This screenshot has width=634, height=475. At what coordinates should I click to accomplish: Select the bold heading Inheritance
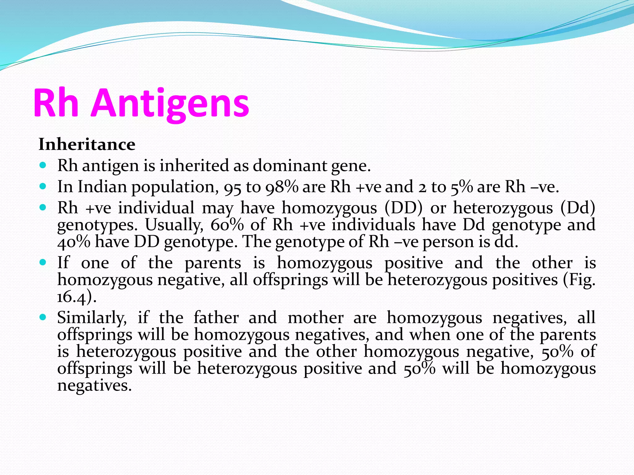click(x=87, y=144)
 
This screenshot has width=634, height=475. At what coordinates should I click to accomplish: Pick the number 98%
click(x=282, y=187)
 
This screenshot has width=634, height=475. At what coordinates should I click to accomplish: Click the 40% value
click(x=74, y=242)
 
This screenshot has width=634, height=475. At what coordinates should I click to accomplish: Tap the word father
click(x=216, y=318)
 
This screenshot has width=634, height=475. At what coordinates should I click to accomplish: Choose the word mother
click(x=316, y=318)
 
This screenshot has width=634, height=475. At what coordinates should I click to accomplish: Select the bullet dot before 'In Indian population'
click(x=43, y=186)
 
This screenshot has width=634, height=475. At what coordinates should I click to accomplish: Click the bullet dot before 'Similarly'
click(x=43, y=317)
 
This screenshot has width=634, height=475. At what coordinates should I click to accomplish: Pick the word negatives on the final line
click(x=94, y=386)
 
